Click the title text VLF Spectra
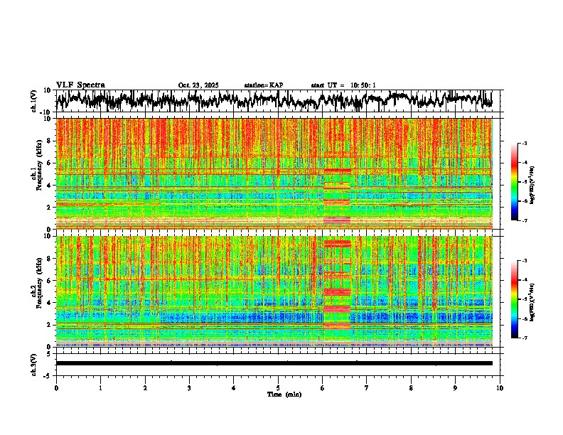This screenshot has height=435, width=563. [80, 85]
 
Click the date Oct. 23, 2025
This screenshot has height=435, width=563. [198, 85]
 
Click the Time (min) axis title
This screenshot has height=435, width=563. [285, 394]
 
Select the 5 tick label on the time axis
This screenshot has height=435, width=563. [278, 388]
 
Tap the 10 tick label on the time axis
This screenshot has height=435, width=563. [500, 388]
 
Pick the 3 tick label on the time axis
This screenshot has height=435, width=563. [189, 388]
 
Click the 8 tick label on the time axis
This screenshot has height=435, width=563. [411, 388]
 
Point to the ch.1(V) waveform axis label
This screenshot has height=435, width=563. [34, 101]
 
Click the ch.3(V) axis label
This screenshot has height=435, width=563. [34, 363]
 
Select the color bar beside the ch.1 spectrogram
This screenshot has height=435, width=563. [521, 182]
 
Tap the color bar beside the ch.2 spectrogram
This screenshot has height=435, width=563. [521, 299]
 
